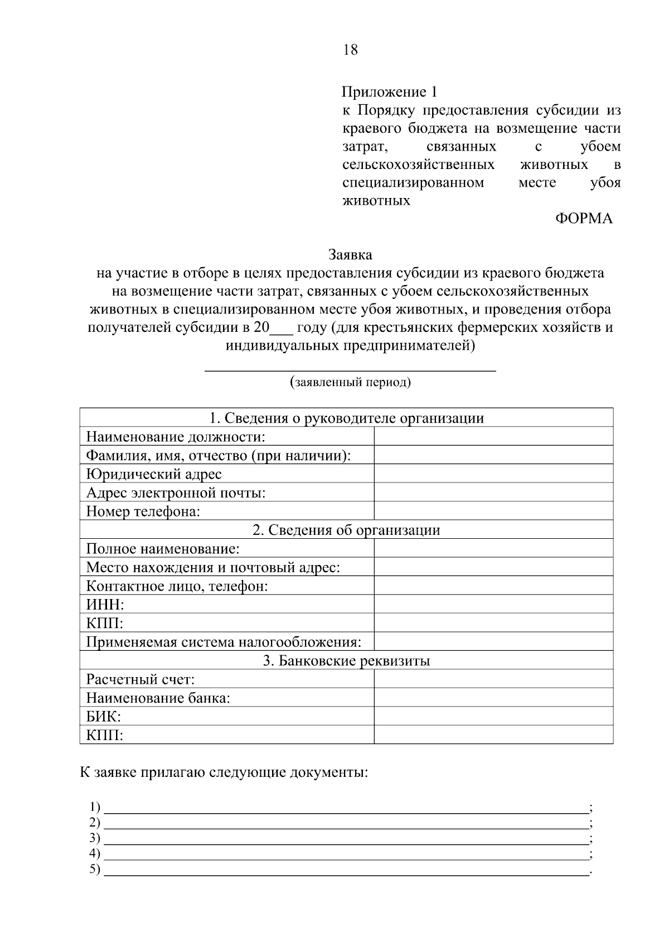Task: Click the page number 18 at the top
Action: [351, 50]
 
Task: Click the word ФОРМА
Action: [584, 219]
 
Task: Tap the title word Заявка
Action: [350, 255]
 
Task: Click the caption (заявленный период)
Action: [350, 383]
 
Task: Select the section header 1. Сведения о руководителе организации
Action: [346, 418]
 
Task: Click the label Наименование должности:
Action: [176, 437]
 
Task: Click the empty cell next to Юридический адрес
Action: [493, 474]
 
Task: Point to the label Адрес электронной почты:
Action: [176, 493]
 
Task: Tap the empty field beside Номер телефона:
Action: [493, 511]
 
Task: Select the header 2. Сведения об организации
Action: [346, 530]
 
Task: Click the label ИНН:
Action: [105, 605]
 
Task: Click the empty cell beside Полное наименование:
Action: [493, 549]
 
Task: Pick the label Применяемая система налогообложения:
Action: [224, 642]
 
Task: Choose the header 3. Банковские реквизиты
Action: [346, 661]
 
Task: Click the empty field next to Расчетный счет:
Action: [493, 679]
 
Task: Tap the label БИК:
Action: [104, 717]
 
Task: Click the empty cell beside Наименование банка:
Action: [493, 698]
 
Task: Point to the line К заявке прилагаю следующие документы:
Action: [224, 773]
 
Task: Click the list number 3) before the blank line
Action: [95, 838]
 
